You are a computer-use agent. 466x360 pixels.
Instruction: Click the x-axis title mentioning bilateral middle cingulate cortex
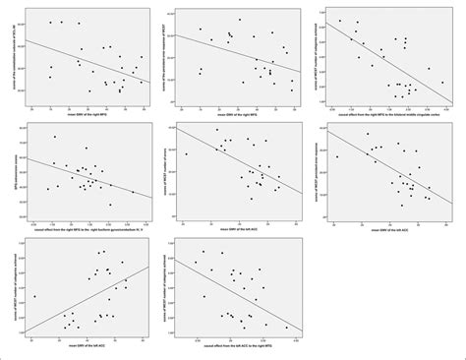387,115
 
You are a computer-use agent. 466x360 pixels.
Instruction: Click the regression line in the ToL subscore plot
88,64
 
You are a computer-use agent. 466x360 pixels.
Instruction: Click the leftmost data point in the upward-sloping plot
34,296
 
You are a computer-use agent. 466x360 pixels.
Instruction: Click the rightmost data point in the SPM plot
133,191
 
